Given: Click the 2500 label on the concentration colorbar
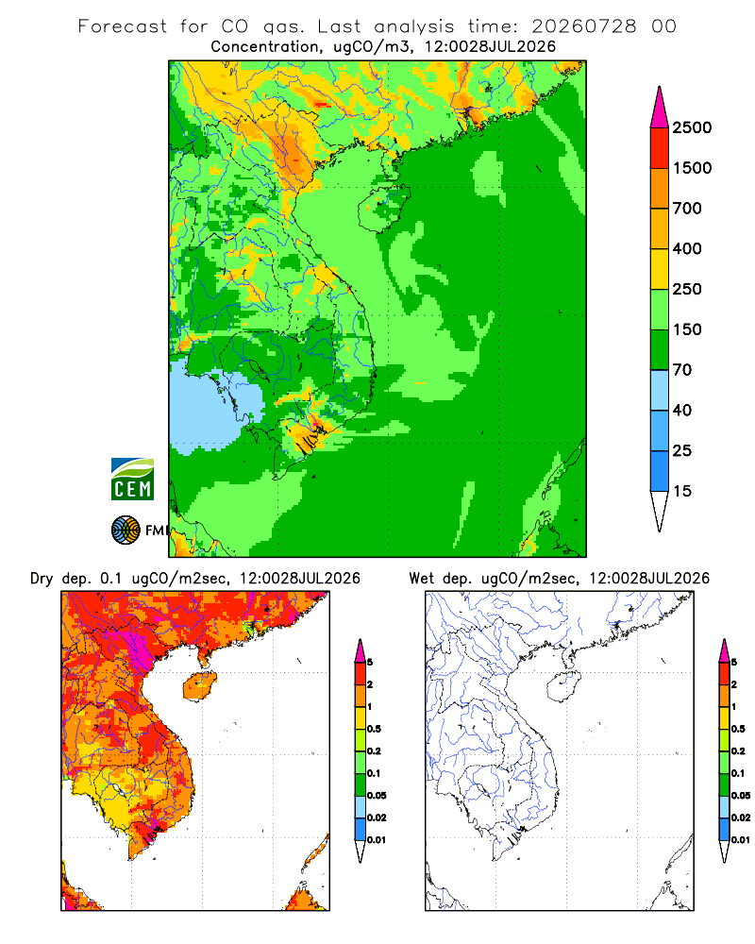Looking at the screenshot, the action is [x=692, y=127].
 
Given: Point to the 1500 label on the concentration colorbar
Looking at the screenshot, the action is [x=692, y=168].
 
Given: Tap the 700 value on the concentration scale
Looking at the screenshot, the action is [x=687, y=209].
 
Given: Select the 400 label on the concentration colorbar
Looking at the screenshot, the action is [x=687, y=248].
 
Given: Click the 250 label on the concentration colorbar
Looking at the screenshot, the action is [x=687, y=289].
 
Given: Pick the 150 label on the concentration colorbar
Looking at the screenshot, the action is [x=687, y=329].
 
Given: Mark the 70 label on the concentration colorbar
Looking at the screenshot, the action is [x=682, y=370].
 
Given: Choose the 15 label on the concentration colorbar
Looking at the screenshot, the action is [x=682, y=491].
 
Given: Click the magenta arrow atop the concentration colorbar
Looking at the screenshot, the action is [x=660, y=109].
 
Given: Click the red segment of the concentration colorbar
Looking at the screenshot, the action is [x=660, y=148].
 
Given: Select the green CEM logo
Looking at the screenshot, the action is [x=132, y=480].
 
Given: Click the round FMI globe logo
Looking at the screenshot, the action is [x=126, y=531].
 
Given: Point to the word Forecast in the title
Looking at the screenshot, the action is [x=123, y=26].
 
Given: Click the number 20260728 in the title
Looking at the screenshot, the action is [x=583, y=26].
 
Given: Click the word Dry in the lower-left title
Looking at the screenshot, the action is [x=42, y=579].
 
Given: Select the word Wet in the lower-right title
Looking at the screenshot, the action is [x=421, y=579].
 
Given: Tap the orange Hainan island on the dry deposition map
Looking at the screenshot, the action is [x=200, y=687].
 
